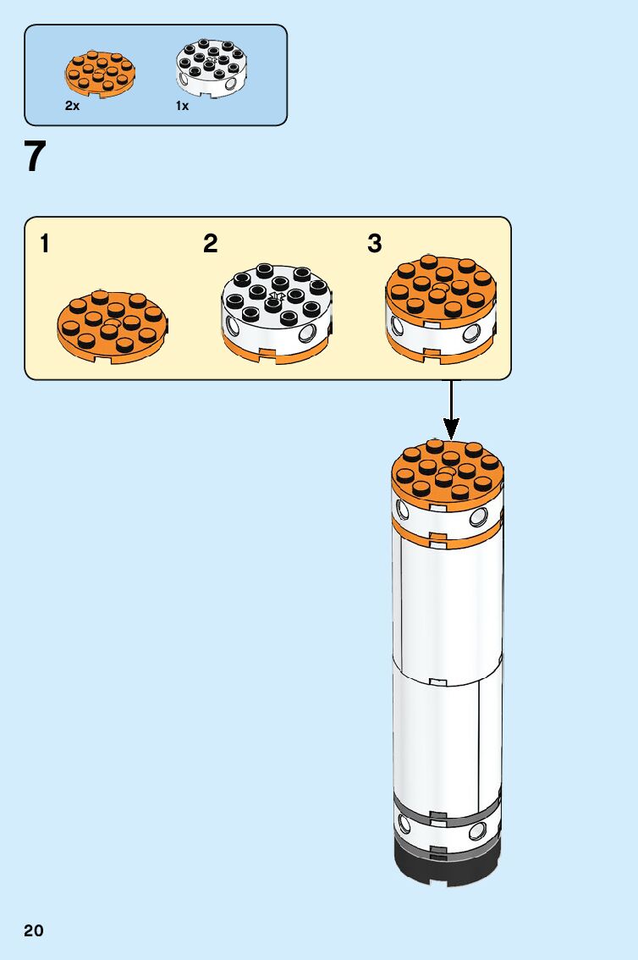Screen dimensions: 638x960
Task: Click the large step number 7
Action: [x=35, y=157]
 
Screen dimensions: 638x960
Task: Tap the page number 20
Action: [x=34, y=931]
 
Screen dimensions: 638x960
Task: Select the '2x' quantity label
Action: [x=72, y=107]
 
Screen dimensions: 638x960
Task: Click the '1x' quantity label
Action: [x=182, y=107]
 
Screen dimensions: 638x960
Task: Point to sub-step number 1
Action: [x=44, y=245]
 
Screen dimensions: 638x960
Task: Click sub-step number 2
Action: [x=211, y=245]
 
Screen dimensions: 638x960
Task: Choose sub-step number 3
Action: [x=375, y=245]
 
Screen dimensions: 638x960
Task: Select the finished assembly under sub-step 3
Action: [x=441, y=310]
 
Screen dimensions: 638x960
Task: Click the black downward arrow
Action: [x=452, y=411]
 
